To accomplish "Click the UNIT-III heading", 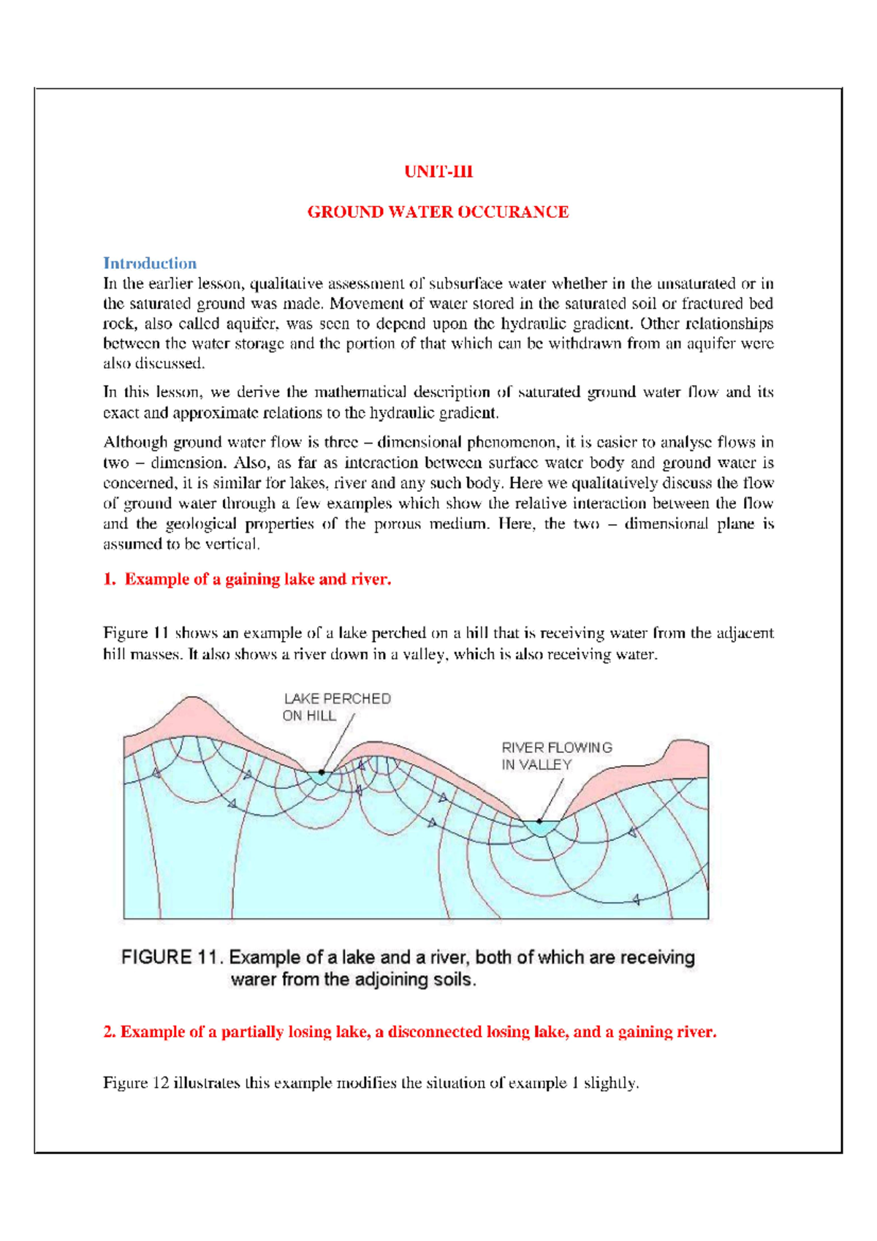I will pyautogui.click(x=438, y=172).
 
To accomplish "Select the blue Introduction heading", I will pyautogui.click(x=149, y=263).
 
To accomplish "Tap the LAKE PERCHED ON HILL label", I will pyautogui.click(x=336, y=707).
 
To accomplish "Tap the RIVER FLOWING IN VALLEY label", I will pyautogui.click(x=556, y=756).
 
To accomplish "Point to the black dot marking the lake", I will pyautogui.click(x=322, y=772).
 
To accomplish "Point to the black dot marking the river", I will pyautogui.click(x=540, y=821).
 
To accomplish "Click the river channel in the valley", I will pyautogui.click(x=540, y=828).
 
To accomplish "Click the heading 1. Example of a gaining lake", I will pyautogui.click(x=247, y=580).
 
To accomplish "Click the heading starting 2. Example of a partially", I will pyautogui.click(x=409, y=1032).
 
